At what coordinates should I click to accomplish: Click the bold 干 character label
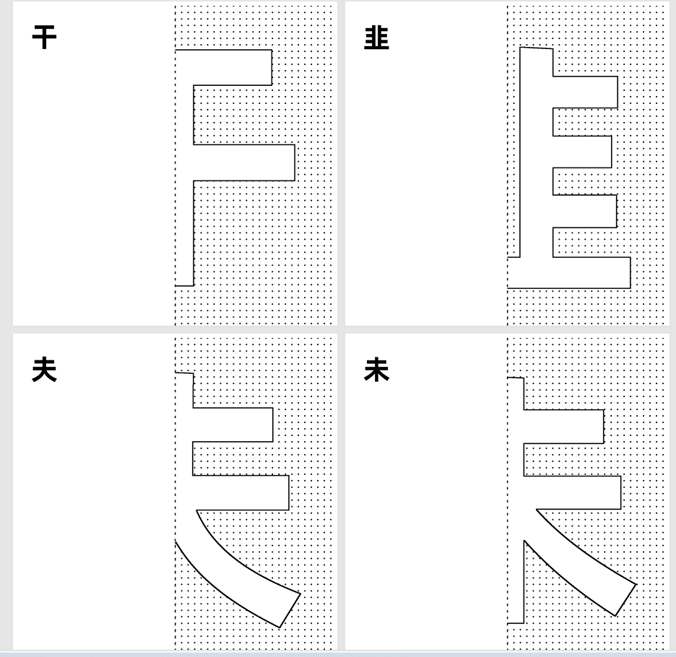coord(45,38)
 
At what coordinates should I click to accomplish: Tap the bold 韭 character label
coord(377,38)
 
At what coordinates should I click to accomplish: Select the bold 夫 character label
coord(45,371)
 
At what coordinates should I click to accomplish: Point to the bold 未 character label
coord(377,371)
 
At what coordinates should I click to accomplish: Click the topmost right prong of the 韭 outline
coord(585,92)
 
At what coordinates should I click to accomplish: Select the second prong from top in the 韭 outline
coord(582,151)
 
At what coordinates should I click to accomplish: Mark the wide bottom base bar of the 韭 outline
coord(571,272)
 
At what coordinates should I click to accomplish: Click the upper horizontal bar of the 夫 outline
coord(231,425)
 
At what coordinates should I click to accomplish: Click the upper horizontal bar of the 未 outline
coord(563,427)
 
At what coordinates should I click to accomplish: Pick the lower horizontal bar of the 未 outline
coord(571,492)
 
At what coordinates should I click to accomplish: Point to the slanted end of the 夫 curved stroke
coord(289,610)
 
